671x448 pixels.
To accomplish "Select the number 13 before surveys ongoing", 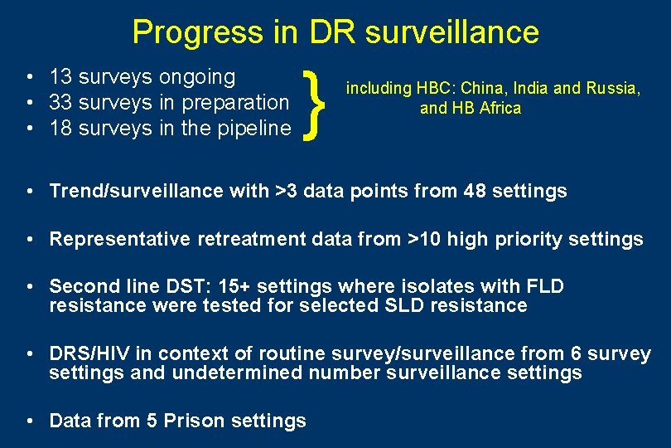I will [x=60, y=77].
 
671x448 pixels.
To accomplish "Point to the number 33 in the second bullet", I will [x=60, y=103].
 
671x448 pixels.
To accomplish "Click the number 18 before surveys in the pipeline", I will [x=60, y=129].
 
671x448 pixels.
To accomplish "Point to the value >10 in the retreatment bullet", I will [x=426, y=240].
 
